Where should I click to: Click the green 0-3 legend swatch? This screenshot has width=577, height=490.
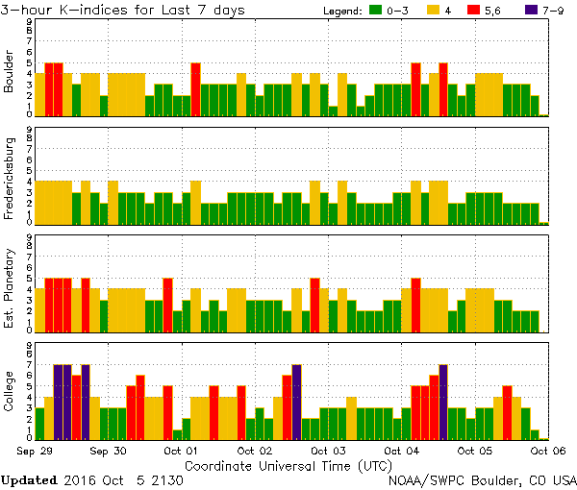point(372,10)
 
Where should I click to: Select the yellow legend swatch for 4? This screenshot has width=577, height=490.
point(433,10)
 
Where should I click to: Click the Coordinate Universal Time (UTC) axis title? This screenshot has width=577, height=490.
point(274,464)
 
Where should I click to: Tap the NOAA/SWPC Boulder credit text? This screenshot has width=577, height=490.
point(482,479)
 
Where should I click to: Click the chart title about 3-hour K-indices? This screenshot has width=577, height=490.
point(123,10)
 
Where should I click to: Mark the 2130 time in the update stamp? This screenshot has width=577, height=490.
point(167,479)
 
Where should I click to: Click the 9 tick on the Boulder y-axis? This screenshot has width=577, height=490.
point(30,21)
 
